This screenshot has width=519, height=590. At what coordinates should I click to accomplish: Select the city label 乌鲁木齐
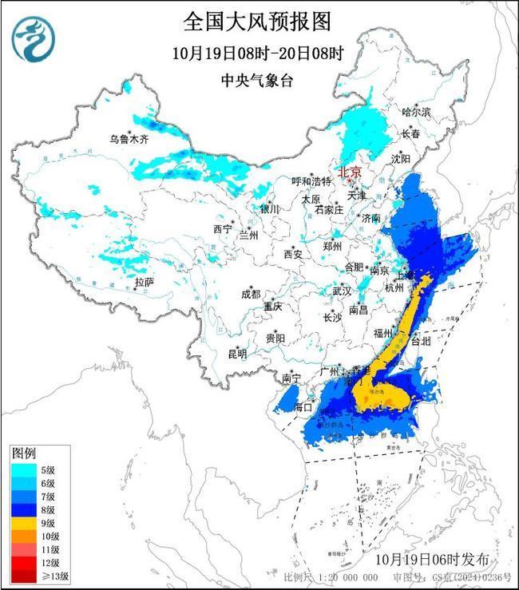129,138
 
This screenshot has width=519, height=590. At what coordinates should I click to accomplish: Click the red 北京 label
349,172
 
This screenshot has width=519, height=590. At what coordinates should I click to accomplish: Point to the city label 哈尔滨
415,112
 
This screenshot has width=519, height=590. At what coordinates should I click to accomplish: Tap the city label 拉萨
144,282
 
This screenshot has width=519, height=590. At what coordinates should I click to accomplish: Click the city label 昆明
237,353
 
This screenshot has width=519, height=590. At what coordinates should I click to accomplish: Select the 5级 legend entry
44,470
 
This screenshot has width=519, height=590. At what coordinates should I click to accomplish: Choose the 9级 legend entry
44,523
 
